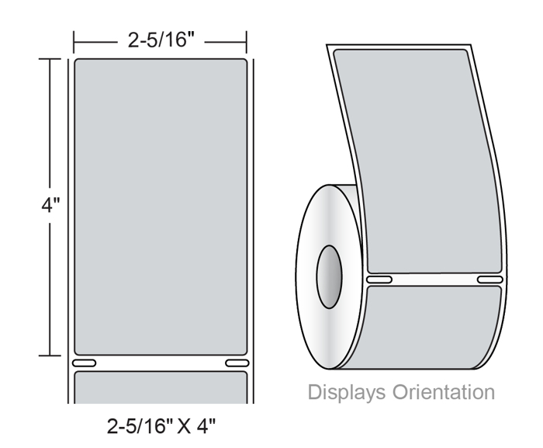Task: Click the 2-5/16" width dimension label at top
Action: tap(161, 40)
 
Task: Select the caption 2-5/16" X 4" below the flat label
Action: tap(161, 425)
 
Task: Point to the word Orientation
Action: tap(444, 392)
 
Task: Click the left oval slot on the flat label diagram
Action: tap(84, 363)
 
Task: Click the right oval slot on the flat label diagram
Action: tap(237, 363)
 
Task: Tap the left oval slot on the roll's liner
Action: tap(379, 280)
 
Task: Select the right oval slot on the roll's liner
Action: tap(490, 280)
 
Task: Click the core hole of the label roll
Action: tap(329, 276)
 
